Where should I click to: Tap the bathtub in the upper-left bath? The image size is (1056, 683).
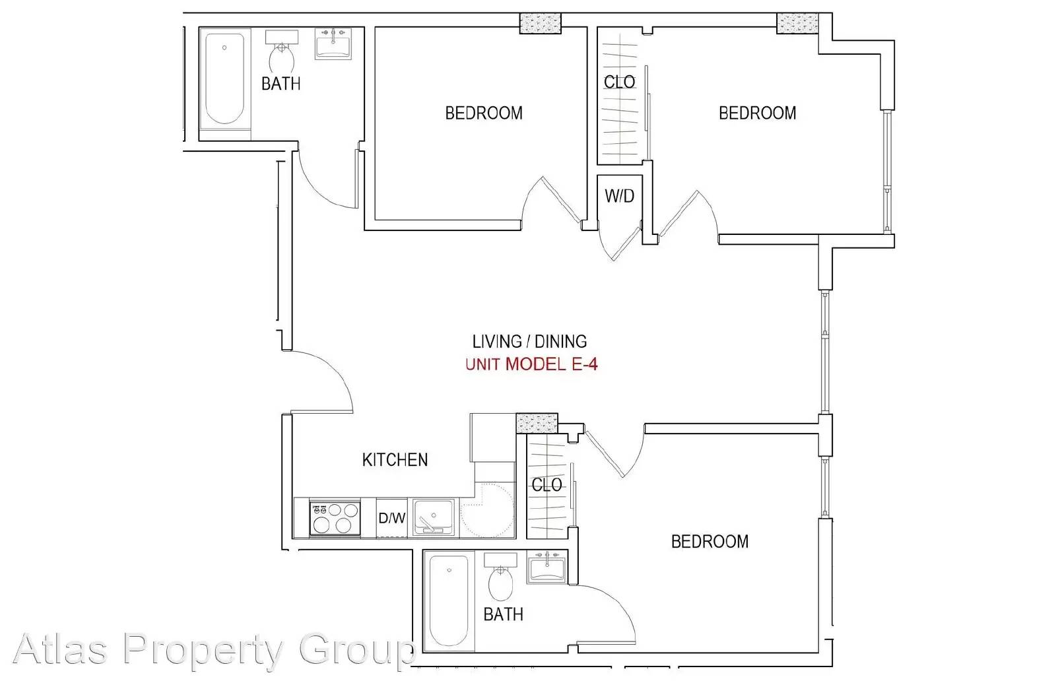[225, 79]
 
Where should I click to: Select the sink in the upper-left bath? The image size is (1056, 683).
[333, 44]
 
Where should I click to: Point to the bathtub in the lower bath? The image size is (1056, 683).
[449, 601]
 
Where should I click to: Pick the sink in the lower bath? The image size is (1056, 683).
[547, 567]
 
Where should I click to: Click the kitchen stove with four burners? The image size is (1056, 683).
[335, 518]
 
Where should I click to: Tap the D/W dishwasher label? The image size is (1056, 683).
[392, 518]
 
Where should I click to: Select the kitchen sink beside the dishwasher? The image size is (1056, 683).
[434, 518]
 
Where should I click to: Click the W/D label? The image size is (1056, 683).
[620, 195]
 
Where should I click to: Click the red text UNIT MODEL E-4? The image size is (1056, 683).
[531, 364]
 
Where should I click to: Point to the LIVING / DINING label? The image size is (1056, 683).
[529, 341]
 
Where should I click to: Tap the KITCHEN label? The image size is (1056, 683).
[395, 460]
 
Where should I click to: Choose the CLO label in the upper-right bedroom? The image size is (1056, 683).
[620, 82]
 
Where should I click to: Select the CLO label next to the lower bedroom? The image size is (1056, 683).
[547, 484]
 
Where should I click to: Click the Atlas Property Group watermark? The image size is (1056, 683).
[214, 649]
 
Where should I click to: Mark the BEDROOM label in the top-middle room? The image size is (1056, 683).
[484, 113]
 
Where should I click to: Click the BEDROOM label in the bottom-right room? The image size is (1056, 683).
[709, 542]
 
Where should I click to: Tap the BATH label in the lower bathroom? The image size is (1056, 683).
[504, 614]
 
